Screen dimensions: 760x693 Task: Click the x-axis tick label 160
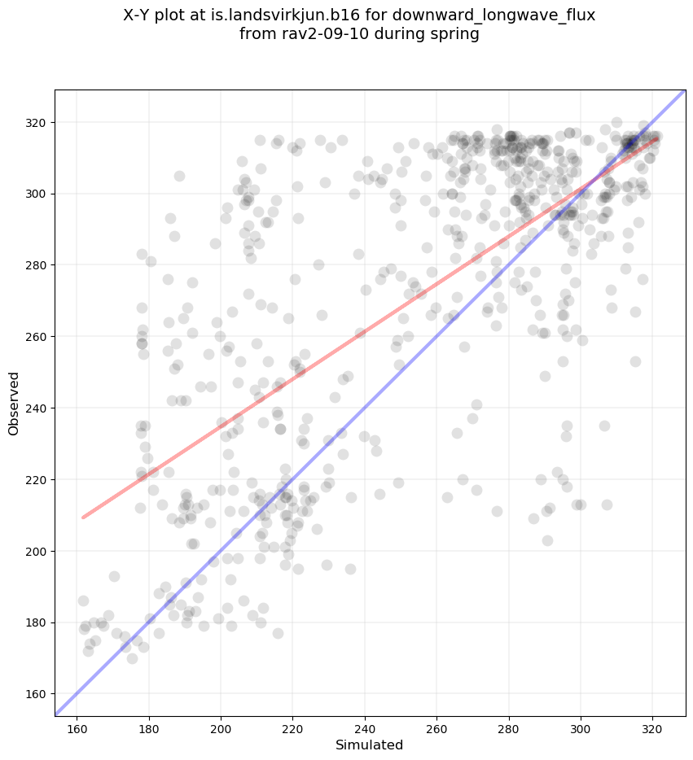(x=77, y=728)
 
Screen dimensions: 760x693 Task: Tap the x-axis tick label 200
(x=221, y=728)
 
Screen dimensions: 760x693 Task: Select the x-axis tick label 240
(x=365, y=728)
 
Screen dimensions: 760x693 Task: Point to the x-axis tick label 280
(x=509, y=728)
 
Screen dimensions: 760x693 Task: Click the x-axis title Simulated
(x=370, y=745)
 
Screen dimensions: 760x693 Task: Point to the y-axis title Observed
(x=15, y=403)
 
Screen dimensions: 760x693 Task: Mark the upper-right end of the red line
(x=656, y=138)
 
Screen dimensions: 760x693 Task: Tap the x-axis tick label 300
(x=581, y=728)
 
